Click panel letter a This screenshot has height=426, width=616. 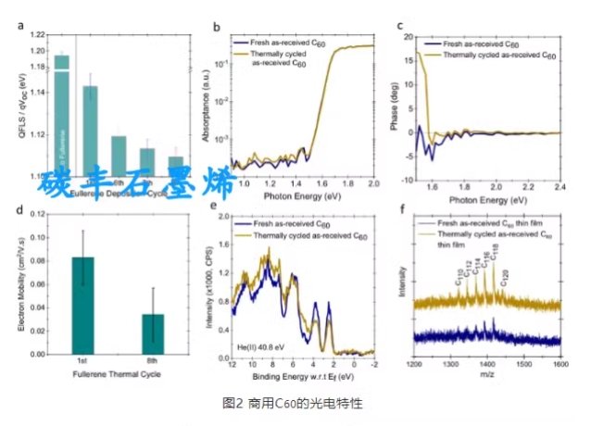20,25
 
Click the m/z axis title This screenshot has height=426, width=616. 487,375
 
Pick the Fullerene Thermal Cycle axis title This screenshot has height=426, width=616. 117,373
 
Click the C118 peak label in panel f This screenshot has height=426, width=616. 493,251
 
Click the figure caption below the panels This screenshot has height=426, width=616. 305,404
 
